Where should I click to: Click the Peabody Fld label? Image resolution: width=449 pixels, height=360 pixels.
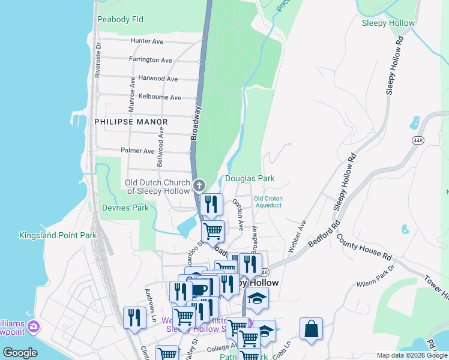pos(120,19)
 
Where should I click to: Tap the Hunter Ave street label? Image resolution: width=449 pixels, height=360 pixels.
pos(147,41)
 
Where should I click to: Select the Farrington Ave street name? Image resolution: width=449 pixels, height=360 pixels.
pos(151,60)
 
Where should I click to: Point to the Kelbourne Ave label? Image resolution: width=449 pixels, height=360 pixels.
pos(159,97)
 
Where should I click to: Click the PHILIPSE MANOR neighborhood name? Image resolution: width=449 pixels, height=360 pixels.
pos(131,121)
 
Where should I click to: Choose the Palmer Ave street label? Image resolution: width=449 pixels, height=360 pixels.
pos(138,151)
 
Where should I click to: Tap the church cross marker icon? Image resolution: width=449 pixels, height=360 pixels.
pos(199,185)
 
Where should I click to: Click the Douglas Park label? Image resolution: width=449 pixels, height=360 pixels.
pos(249,178)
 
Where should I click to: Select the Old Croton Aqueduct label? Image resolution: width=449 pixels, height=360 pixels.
pos(268,202)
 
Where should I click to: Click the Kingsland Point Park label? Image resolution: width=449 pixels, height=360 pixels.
pos(58,235)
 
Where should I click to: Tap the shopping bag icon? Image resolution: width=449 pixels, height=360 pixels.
pos(311,329)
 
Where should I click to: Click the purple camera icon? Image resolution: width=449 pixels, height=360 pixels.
pos(34,326)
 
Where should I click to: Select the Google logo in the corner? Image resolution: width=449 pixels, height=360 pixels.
pos(20,353)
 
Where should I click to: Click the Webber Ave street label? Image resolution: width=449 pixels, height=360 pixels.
pos(297,236)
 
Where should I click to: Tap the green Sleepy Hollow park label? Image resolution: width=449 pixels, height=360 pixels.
pos(388,23)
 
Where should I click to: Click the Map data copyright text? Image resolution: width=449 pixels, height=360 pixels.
pos(411,355)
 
